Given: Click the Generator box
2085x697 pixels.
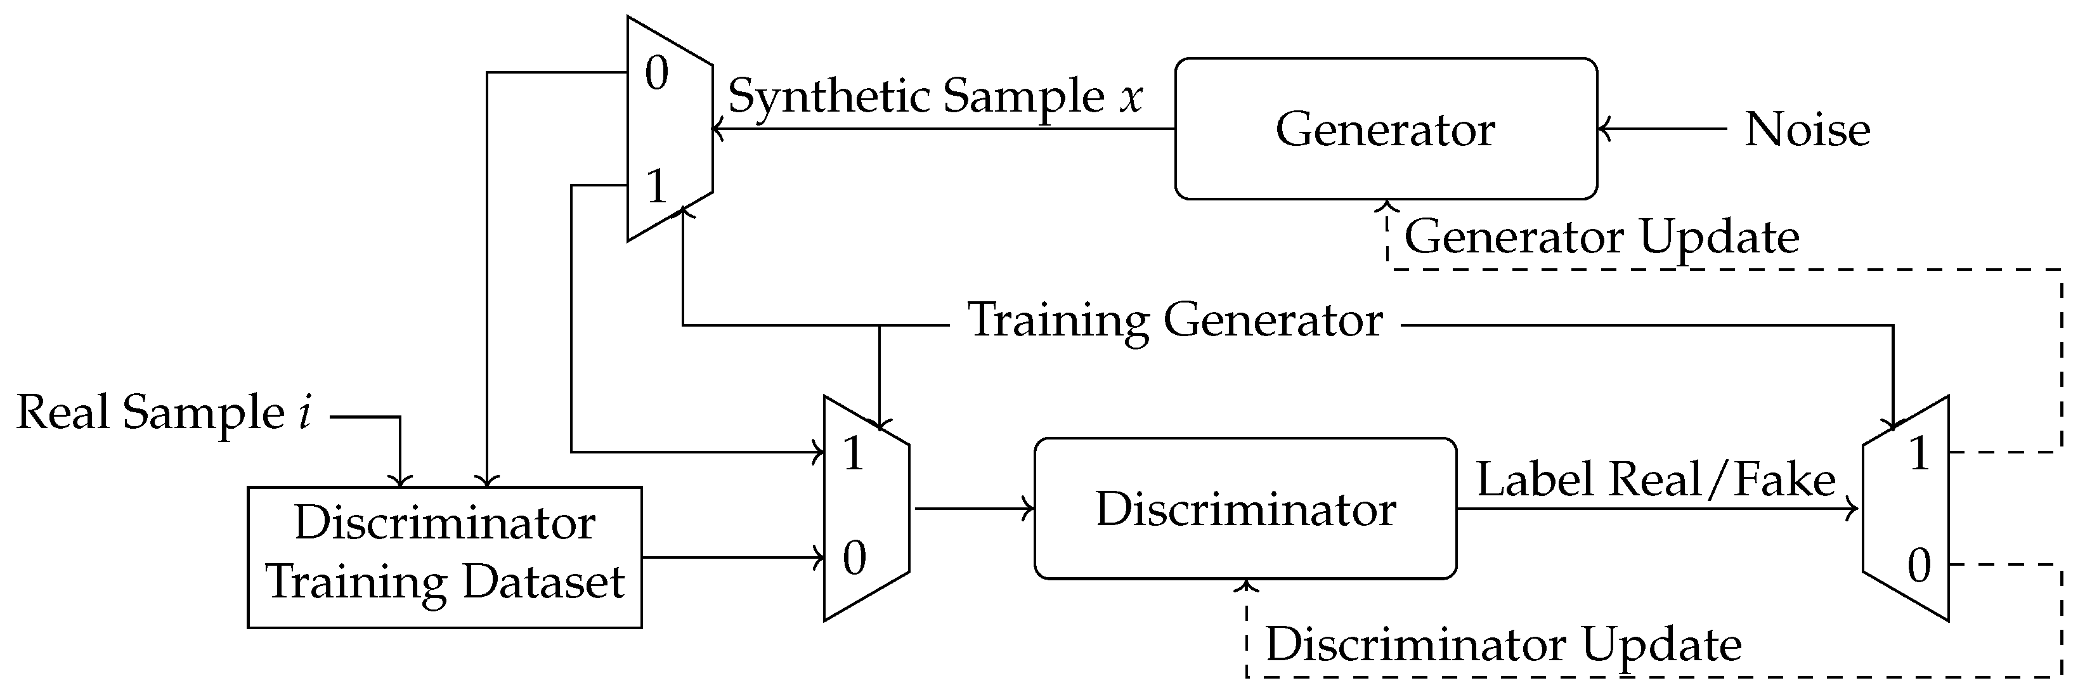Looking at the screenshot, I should coord(1385,129).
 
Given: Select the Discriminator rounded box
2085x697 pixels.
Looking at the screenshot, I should coord(1245,509).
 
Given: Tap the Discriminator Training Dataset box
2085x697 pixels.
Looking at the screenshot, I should coord(445,557).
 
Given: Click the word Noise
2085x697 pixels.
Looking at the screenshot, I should coord(1807,129).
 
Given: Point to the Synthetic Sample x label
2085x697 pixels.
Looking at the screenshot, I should coord(935,96).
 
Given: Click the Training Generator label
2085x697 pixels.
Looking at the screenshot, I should coord(1174,320).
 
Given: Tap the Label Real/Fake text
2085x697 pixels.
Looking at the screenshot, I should coord(1655,479).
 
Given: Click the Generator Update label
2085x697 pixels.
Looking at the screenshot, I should coord(1601,237).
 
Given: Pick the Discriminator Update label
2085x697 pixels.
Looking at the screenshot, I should coord(1503,644).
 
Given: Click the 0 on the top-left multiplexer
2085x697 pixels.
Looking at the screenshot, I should coord(656,73).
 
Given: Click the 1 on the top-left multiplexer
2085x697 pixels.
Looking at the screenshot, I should coord(656,186).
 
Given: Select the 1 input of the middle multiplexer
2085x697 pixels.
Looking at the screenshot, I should coord(853,453).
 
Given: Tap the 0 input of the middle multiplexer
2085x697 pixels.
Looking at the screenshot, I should coord(854,557).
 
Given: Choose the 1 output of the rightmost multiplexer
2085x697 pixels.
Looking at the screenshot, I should coord(1919,453).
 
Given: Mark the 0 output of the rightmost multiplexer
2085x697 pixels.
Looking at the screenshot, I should coord(1919,565).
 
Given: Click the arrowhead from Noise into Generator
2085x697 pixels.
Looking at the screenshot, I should coord(1604,129).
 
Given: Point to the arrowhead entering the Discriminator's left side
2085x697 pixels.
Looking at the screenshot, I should coord(1030,509).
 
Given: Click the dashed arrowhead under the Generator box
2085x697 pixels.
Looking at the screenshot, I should coord(1386,205).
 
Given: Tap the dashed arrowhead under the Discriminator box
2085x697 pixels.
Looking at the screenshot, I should coord(1247,585).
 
